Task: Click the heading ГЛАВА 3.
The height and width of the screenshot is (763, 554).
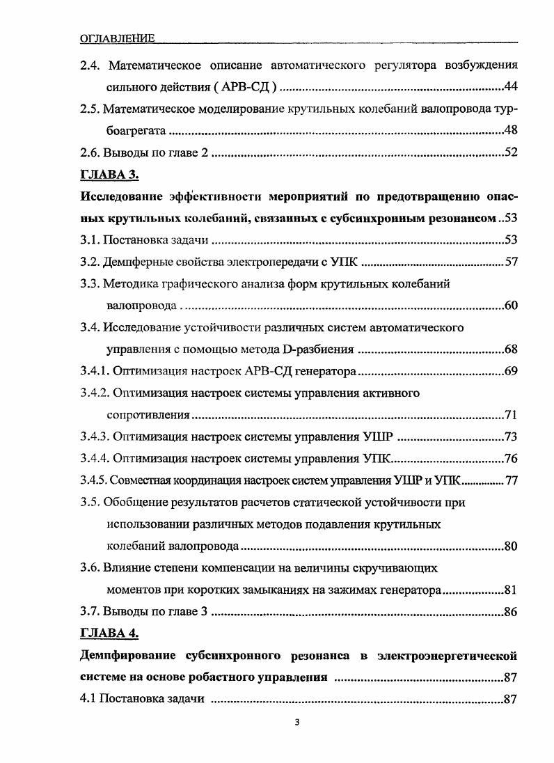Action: pyautogui.click(x=111, y=174)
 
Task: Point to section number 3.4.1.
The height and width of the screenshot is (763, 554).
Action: pyautogui.click(x=95, y=371)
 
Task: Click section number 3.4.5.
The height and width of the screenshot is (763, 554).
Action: pyautogui.click(x=94, y=480)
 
